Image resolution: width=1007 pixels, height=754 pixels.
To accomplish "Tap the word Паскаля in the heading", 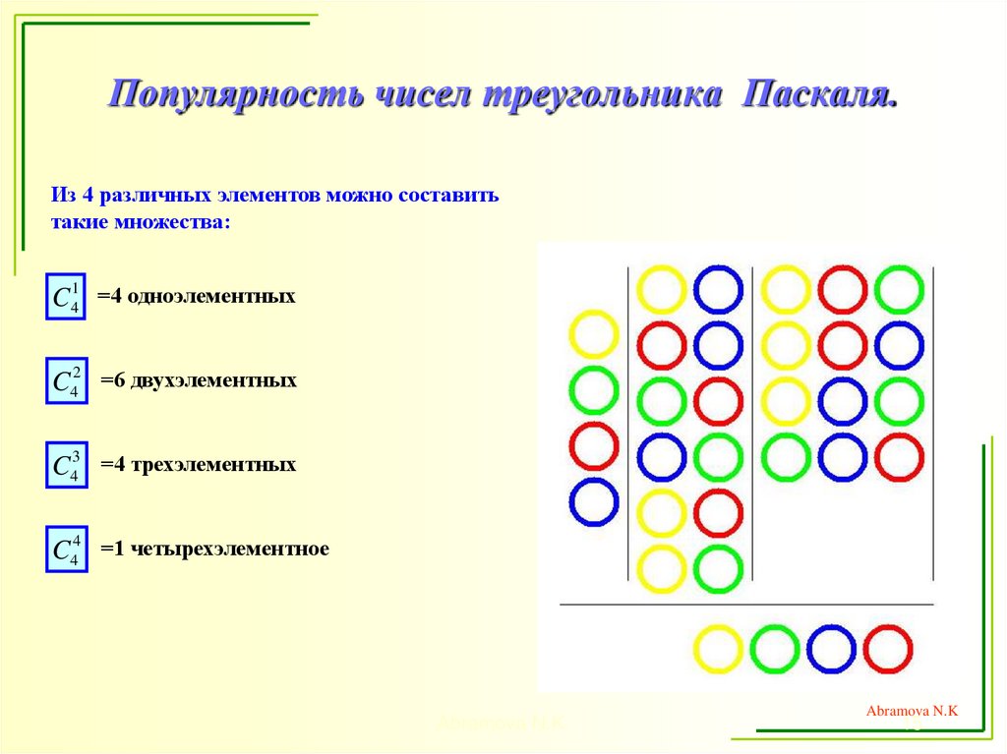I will click(820, 95).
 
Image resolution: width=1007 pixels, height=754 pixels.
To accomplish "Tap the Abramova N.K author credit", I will click(912, 711).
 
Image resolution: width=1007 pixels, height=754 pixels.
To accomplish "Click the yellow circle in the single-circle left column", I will click(593, 334).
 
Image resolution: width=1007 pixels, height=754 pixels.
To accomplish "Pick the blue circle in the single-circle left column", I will click(593, 501).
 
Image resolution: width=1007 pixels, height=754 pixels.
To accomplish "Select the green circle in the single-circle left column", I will click(593, 389).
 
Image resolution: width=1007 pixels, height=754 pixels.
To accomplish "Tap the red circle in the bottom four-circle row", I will click(888, 650).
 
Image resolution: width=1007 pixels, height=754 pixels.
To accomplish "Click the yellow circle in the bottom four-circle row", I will click(718, 650).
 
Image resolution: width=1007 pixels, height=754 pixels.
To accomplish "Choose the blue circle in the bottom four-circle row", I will click(831, 650).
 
